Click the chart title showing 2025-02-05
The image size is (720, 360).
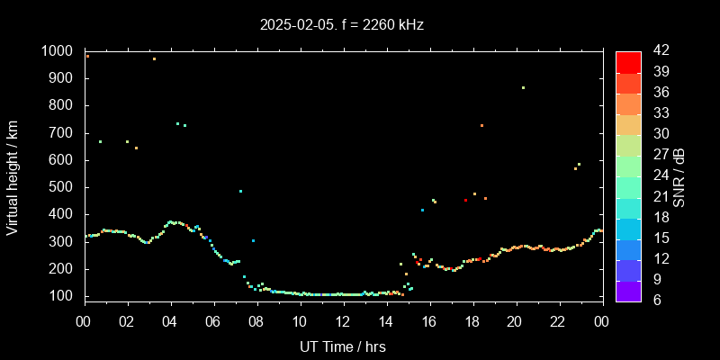(x=342, y=25)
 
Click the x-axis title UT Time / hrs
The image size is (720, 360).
(x=342, y=346)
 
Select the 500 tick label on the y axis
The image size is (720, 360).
(x=60, y=187)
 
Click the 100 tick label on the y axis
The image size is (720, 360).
(x=60, y=296)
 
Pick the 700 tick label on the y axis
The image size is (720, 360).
(x=60, y=133)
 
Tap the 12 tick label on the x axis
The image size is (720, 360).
(x=343, y=321)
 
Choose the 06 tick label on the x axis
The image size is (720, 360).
(x=213, y=321)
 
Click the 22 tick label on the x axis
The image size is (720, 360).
(x=558, y=321)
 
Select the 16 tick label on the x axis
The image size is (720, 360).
(x=428, y=321)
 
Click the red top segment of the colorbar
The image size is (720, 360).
(x=628, y=61)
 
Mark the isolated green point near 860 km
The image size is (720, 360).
(x=523, y=88)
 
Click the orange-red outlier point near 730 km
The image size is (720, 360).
(x=481, y=125)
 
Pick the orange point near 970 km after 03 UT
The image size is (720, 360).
(x=154, y=59)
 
